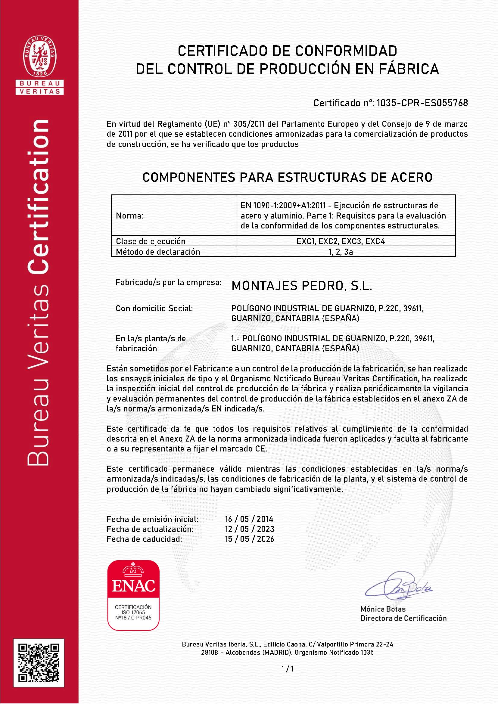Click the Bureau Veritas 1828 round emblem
click(39, 56)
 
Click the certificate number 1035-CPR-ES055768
click(422, 103)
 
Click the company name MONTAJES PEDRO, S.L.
click(302, 286)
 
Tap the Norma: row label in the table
click(129, 216)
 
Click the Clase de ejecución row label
click(151, 241)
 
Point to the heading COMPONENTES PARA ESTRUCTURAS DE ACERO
click(287, 177)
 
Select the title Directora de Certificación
click(403, 618)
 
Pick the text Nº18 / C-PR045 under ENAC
click(133, 618)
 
